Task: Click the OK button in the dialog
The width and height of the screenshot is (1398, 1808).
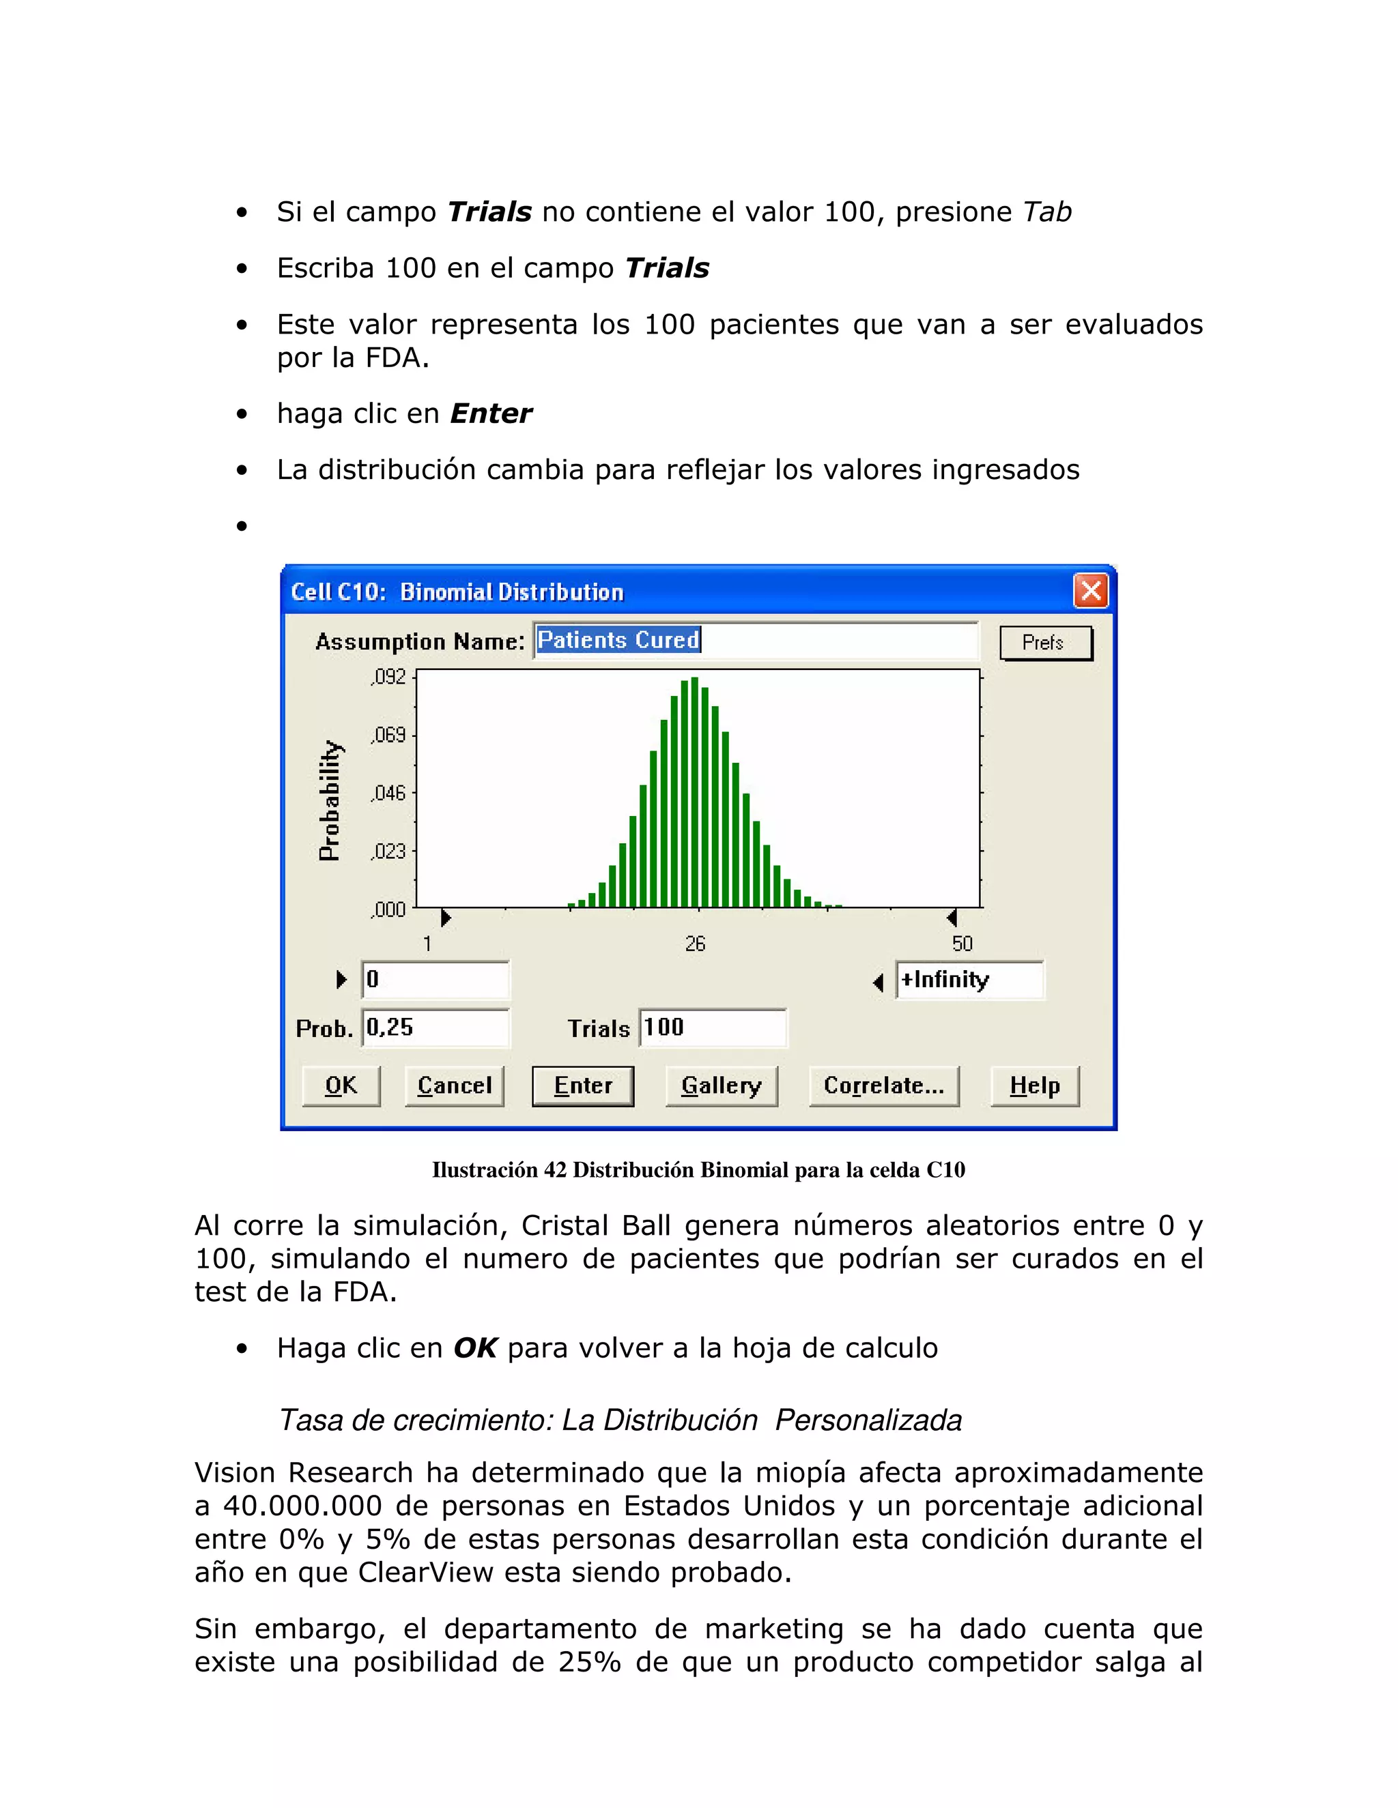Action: coord(341,1085)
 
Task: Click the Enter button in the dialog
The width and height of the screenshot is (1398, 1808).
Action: coord(582,1085)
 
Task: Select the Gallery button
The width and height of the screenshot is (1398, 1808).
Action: coord(721,1085)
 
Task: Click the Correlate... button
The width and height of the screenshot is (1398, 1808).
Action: coord(884,1085)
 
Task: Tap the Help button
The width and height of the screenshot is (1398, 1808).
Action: coord(1034,1085)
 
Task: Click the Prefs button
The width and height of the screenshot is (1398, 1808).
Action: coord(1045,643)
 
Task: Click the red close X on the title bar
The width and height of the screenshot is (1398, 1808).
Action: coord(1091,591)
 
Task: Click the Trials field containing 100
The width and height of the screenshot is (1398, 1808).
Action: coord(712,1027)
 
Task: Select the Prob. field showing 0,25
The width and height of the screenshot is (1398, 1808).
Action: coord(435,1027)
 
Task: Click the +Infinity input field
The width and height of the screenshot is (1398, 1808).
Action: coord(969,980)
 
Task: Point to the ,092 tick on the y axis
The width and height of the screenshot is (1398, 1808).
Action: coord(389,677)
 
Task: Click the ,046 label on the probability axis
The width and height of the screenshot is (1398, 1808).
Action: coord(389,793)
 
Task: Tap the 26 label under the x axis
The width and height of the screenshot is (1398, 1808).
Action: coord(695,944)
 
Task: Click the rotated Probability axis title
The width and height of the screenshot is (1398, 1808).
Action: coord(330,800)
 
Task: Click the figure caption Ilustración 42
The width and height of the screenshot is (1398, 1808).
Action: coord(698,1169)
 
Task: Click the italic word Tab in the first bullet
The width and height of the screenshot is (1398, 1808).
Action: coord(1047,212)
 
